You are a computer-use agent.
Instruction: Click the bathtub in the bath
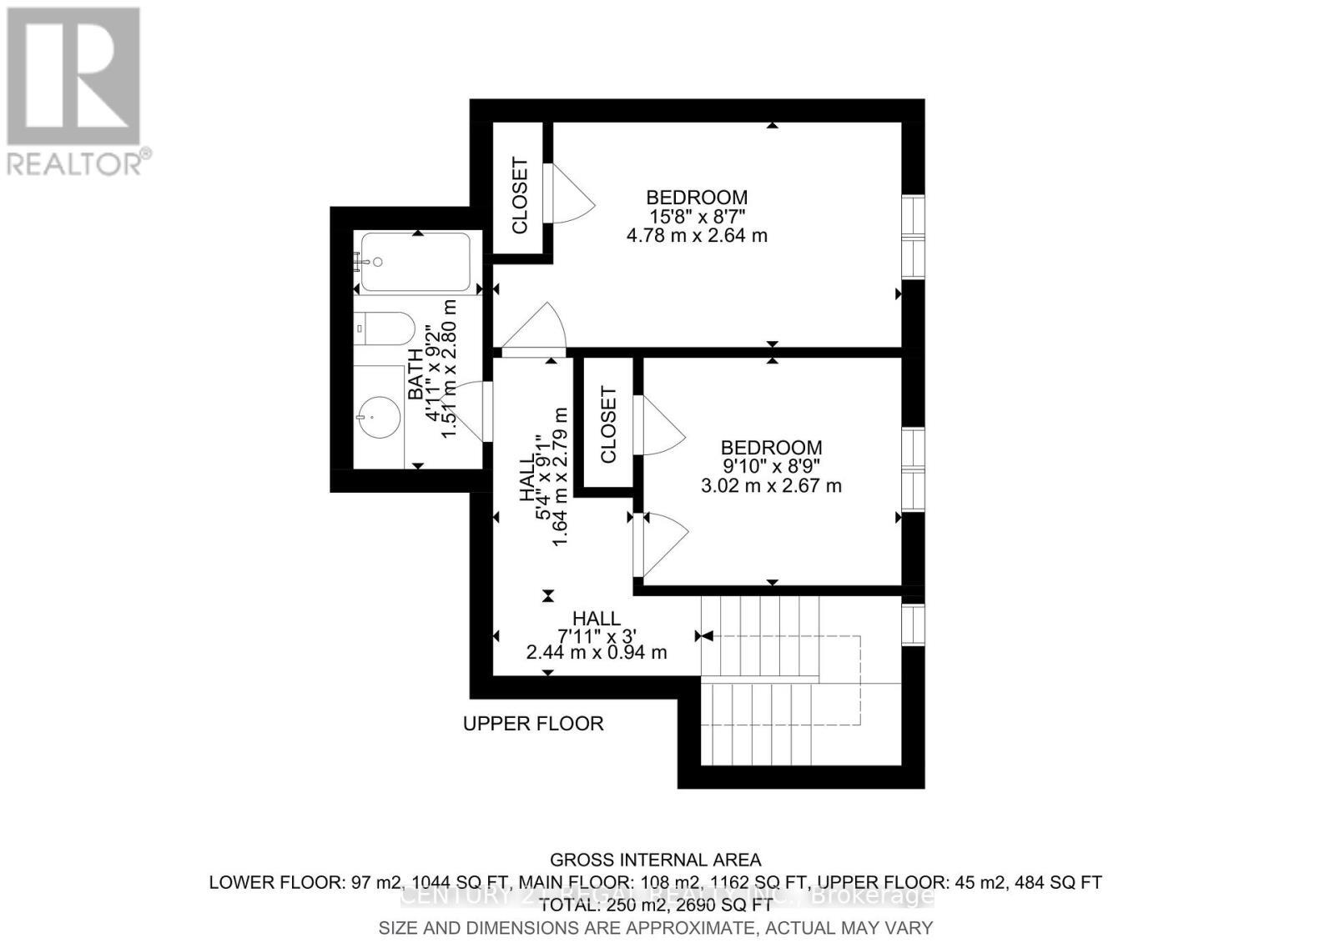pos(416,262)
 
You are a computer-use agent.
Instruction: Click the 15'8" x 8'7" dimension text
pos(697,217)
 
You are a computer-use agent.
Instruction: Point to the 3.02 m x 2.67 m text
pos(771,485)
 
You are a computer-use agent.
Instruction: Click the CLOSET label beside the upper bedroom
pos(521,196)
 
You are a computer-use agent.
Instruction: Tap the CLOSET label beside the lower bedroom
pos(608,425)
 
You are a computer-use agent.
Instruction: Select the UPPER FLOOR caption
pos(533,724)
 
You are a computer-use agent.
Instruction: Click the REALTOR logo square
pos(73,76)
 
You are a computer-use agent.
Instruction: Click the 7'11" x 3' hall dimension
pos(597,635)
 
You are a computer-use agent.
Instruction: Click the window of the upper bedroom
pos(914,238)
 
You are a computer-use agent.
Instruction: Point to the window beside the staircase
pos(914,624)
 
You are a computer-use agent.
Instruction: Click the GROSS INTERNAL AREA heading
pos(655,860)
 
